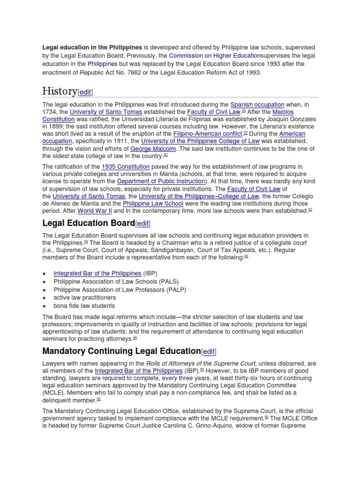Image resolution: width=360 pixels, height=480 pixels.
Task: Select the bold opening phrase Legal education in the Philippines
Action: point(92,47)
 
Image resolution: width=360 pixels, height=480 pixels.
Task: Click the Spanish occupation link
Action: point(257,105)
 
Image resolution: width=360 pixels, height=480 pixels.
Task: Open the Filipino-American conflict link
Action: point(208,134)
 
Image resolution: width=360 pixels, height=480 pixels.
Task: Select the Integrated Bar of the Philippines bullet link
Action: point(97,273)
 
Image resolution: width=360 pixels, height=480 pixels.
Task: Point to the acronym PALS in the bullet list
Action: point(167,282)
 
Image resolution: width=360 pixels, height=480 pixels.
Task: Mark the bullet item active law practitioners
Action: point(84,298)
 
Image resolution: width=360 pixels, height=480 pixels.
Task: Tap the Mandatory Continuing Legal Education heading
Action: point(121,351)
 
